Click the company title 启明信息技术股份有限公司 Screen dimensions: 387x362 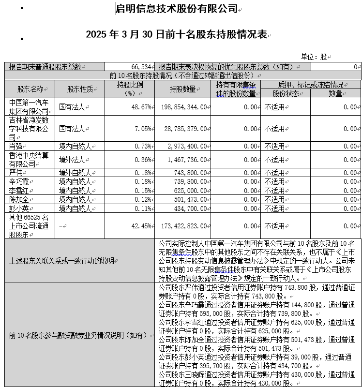pos(177,9)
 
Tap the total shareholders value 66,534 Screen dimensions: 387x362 pos(141,67)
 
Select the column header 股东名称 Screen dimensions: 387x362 pos(30,89)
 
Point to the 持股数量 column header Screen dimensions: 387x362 pos(182,89)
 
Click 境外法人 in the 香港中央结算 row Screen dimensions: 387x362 pos(75,160)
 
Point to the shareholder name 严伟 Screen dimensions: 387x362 pos(16,173)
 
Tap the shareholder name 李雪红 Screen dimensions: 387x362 pos(20,191)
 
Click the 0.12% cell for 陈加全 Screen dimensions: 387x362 pos(142,199)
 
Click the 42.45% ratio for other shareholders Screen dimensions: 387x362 pos(140,226)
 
